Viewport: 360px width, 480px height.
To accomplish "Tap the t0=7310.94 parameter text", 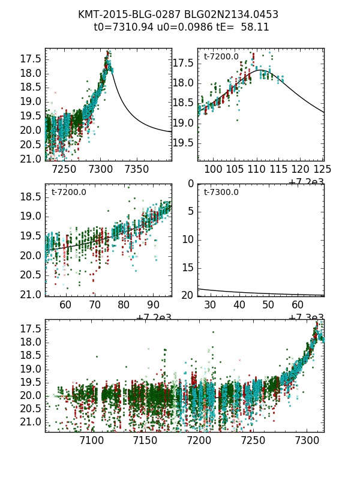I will click(120, 27).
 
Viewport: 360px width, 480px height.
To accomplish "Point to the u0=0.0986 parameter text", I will click(174, 27).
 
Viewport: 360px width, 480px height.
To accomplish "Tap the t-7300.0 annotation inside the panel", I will click(221, 193).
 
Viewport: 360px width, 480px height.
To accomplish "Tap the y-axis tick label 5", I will click(190, 211).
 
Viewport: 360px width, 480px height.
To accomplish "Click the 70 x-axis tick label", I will click(95, 305).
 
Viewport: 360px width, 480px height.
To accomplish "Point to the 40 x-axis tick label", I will click(239, 305).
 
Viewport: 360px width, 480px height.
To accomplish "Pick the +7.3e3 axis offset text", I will click(307, 317).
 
